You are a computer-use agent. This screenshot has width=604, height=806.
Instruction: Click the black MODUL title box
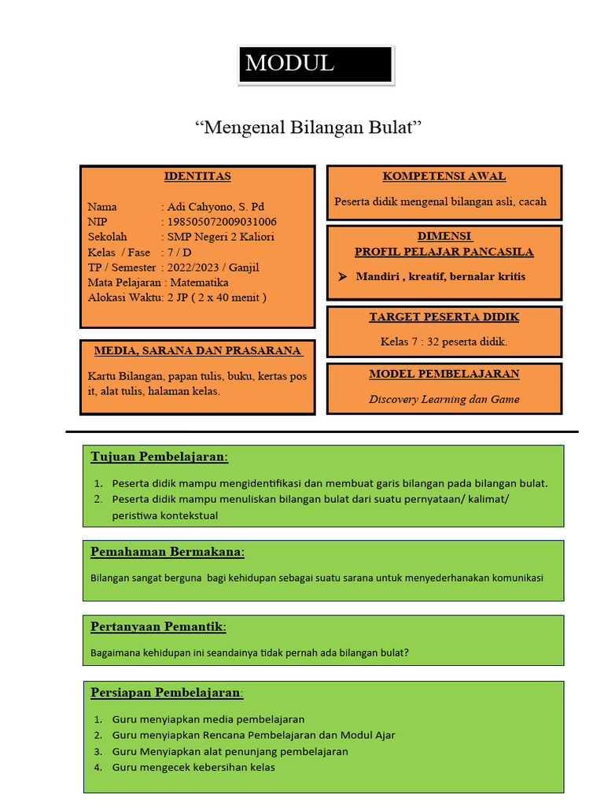(x=315, y=65)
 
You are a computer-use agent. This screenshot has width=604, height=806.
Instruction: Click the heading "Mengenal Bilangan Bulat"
(x=308, y=128)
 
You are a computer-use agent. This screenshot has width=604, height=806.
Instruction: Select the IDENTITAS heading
(x=197, y=176)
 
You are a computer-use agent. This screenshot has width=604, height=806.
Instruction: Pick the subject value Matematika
(x=200, y=282)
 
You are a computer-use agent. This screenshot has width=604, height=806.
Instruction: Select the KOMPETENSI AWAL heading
(x=444, y=176)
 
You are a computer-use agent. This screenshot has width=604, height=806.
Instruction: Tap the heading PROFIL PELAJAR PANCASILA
(x=444, y=252)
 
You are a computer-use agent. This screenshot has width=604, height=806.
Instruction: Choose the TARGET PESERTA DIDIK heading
(x=444, y=317)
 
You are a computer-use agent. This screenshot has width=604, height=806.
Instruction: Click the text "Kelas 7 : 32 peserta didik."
(x=444, y=342)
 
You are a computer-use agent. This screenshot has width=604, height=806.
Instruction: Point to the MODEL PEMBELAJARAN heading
(x=444, y=374)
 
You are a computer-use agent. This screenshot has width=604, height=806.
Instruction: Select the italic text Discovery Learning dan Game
(x=444, y=399)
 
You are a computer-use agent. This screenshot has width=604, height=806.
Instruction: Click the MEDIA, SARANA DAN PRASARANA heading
(x=197, y=350)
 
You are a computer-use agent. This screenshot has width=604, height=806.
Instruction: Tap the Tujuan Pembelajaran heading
(x=160, y=457)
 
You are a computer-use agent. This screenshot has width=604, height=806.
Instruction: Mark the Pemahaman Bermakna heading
(x=168, y=552)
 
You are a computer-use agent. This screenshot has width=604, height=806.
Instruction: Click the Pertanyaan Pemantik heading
(x=159, y=627)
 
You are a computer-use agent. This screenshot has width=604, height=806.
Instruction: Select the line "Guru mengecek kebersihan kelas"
(x=193, y=767)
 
